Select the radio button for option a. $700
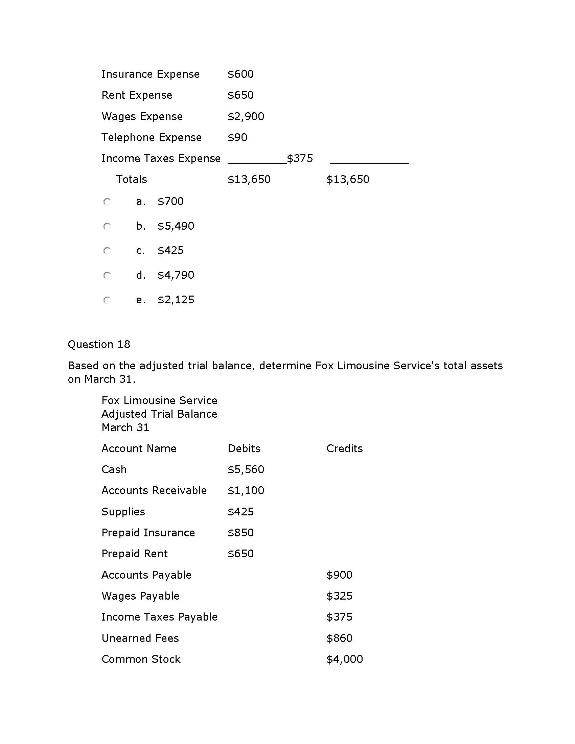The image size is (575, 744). [107, 202]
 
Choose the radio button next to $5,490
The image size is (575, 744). [107, 227]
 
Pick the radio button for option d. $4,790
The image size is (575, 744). [107, 275]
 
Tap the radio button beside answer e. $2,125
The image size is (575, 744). [107, 300]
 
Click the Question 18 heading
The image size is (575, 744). [99, 344]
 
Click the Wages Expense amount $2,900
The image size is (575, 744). [246, 117]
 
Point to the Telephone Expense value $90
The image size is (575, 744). [237, 138]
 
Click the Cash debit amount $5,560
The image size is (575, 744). [246, 469]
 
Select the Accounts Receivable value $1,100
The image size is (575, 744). [246, 491]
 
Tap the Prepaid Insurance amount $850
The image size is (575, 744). [240, 533]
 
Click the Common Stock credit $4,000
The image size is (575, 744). [344, 659]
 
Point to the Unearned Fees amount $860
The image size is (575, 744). [339, 638]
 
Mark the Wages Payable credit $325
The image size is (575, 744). [339, 596]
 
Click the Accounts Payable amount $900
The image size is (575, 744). [339, 575]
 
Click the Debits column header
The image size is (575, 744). [244, 449]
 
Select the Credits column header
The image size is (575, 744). [344, 449]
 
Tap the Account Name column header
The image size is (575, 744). [139, 449]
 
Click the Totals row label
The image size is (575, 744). [132, 180]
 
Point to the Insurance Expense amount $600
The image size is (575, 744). [240, 74]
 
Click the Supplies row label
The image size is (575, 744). [123, 512]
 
